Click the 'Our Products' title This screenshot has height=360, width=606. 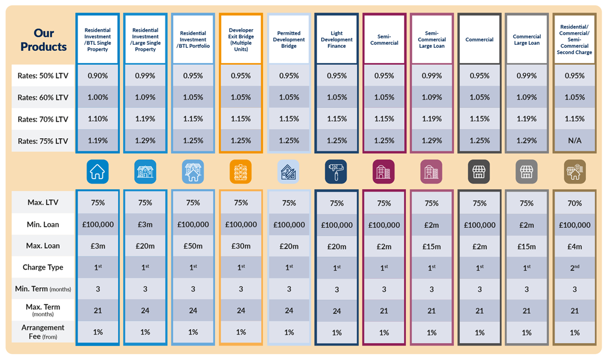pyautogui.click(x=44, y=40)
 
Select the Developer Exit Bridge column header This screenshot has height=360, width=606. pyautogui.click(x=241, y=39)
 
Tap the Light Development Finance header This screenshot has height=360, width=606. pyautogui.click(x=336, y=39)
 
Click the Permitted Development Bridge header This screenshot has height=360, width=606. pyautogui.click(x=288, y=39)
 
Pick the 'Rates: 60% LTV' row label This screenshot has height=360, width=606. pyautogui.click(x=42, y=98)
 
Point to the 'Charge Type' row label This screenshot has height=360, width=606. pyautogui.click(x=42, y=267)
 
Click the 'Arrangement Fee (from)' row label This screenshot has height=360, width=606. pyautogui.click(x=42, y=332)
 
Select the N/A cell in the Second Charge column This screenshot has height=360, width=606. pyautogui.click(x=574, y=141)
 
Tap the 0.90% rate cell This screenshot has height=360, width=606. pyautogui.click(x=98, y=76)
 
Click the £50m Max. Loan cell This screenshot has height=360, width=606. pyautogui.click(x=193, y=246)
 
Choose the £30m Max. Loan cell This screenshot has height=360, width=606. pyautogui.click(x=241, y=246)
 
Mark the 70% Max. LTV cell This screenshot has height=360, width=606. pyautogui.click(x=574, y=203)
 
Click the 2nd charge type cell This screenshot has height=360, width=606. pyautogui.click(x=574, y=267)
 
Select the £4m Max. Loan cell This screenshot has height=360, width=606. pyautogui.click(x=574, y=246)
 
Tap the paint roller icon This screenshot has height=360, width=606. pyautogui.click(x=336, y=172)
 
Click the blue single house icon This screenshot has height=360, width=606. pyautogui.click(x=98, y=172)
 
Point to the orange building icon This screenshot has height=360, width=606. pyautogui.click(x=241, y=172)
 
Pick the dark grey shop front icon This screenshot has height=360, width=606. pyautogui.click(x=479, y=172)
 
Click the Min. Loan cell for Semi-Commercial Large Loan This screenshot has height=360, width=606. pyautogui.click(x=431, y=225)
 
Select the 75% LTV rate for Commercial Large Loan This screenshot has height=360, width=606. pyautogui.click(x=527, y=141)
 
